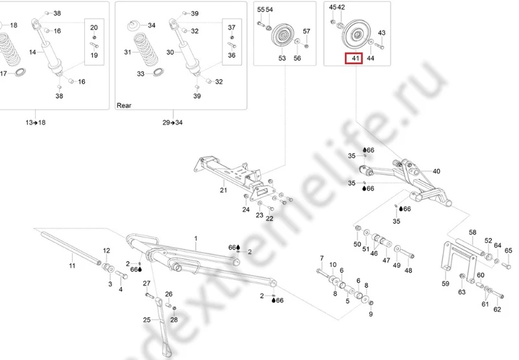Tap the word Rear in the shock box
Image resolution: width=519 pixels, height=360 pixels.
click(x=124, y=106)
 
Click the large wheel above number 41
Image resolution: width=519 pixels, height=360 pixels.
click(x=356, y=35)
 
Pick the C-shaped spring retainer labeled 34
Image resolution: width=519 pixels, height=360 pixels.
click(x=134, y=25)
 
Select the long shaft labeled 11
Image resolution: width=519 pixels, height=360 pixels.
click(x=71, y=248)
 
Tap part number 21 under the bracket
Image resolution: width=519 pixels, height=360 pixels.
click(x=223, y=190)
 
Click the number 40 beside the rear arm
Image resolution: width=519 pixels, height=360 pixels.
click(x=436, y=171)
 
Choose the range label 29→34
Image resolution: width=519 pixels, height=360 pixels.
click(x=172, y=123)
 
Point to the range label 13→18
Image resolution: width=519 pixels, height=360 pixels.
click(x=36, y=123)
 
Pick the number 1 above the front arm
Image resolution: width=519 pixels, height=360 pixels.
click(x=196, y=239)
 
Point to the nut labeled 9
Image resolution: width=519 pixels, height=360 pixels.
click(x=370, y=302)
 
